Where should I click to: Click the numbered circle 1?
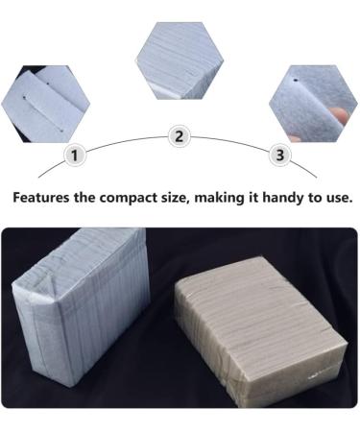point(75,156)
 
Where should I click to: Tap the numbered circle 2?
point(180,136)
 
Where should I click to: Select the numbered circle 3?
point(279,155)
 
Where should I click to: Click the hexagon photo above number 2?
point(180,60)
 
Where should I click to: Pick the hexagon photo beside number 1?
point(45,104)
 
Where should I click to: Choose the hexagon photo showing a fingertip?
point(313,104)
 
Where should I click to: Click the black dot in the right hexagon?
point(296,81)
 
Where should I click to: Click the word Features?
point(41,197)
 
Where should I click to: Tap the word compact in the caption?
point(129,199)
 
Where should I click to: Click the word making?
point(219,198)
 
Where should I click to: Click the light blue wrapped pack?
point(80,305)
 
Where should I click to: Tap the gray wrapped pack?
point(261,329)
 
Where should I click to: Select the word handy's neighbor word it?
point(253,197)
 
